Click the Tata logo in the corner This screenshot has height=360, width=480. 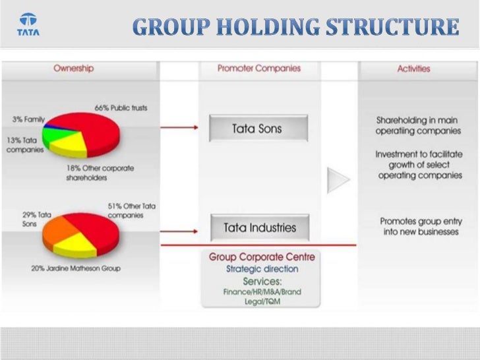point(28,25)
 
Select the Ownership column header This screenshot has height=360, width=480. point(73,68)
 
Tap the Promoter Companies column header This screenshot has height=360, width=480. point(259,68)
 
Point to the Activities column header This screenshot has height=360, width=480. point(413,68)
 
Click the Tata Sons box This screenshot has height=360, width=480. point(258,129)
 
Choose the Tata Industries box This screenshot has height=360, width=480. point(258,228)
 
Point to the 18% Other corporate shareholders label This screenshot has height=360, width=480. point(99,173)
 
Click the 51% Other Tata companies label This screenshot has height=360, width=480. point(131,210)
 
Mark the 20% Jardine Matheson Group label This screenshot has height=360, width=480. point(76,268)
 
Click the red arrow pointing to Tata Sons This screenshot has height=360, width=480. point(179,128)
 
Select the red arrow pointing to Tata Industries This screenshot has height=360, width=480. point(179,231)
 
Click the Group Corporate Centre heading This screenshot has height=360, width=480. point(262,256)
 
